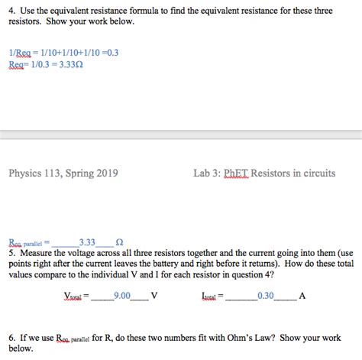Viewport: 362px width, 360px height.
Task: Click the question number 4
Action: click(x=11, y=10)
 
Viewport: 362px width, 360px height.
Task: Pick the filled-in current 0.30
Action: click(x=266, y=295)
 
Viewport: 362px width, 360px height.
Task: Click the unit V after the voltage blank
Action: click(x=154, y=295)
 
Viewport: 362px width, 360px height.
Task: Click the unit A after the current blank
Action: click(x=302, y=295)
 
